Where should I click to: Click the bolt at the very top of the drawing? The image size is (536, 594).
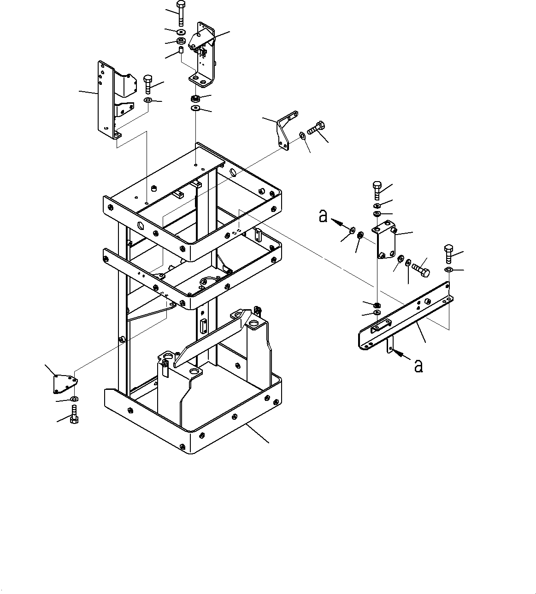(x=181, y=14)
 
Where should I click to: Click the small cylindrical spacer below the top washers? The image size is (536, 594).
(x=181, y=49)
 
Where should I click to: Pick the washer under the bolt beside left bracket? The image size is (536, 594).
(x=148, y=100)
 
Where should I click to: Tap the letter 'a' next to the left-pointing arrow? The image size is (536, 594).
(x=324, y=216)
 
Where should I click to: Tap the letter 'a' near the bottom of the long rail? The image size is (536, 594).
(x=418, y=366)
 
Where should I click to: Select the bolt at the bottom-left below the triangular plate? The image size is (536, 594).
(x=75, y=414)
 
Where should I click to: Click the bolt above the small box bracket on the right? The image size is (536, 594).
(x=376, y=190)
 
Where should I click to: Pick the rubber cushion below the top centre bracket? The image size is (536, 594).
(x=195, y=99)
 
